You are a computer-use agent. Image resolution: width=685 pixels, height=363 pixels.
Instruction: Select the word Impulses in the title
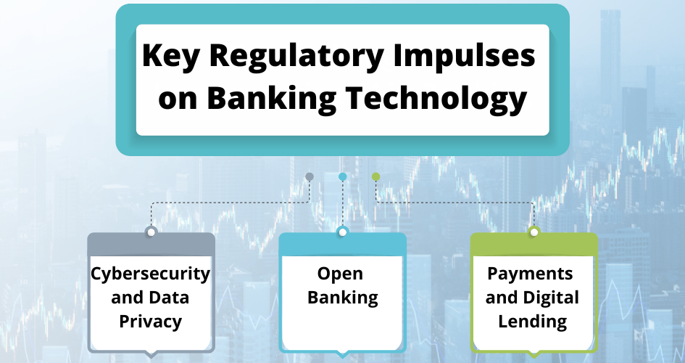pos(464,57)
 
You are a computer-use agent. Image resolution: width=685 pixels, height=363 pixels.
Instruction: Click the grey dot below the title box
pos(310,176)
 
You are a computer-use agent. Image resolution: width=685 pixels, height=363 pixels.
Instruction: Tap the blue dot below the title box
pos(342,176)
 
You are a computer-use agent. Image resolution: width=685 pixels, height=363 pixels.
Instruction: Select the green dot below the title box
pos(375,176)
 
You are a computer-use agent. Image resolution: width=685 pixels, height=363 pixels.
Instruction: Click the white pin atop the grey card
pos(151,232)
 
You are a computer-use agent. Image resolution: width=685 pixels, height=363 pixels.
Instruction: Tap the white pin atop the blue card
pos(342,232)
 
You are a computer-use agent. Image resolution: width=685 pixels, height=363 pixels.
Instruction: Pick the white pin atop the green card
pos(534,232)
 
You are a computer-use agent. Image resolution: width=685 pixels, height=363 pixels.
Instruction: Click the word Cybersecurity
pos(150,274)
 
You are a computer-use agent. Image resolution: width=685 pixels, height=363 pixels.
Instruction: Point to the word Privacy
pos(150,322)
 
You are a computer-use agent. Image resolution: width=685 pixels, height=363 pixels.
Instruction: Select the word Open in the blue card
pos(340,274)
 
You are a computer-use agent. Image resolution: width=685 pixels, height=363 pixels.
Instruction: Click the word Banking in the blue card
pos(342,298)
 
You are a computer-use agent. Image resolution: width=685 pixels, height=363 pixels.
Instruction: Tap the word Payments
pos(530,274)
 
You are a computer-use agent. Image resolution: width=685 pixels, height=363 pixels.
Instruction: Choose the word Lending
pos(533,322)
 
